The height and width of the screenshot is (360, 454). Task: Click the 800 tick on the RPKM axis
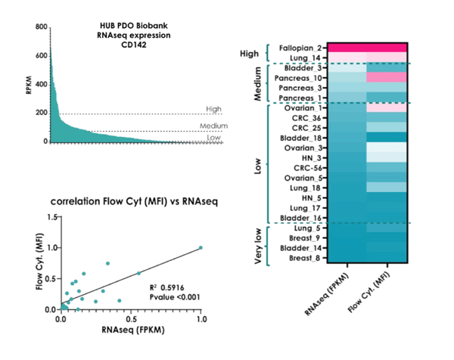(41, 26)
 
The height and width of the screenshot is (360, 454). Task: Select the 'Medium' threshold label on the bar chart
(214, 126)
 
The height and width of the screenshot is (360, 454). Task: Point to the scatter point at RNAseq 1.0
(201, 247)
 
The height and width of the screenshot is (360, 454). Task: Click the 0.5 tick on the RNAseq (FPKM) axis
(130, 318)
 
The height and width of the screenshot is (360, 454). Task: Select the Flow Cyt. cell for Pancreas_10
(387, 78)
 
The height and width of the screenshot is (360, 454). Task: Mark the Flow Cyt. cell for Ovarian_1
(387, 108)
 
